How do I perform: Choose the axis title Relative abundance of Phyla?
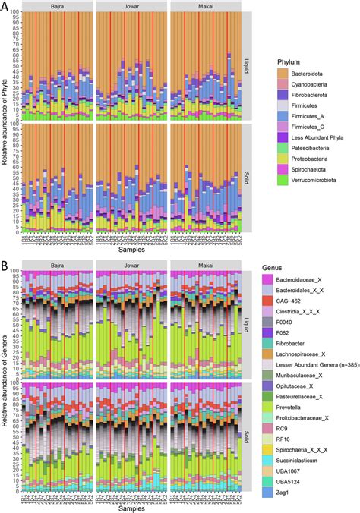(5, 129)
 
